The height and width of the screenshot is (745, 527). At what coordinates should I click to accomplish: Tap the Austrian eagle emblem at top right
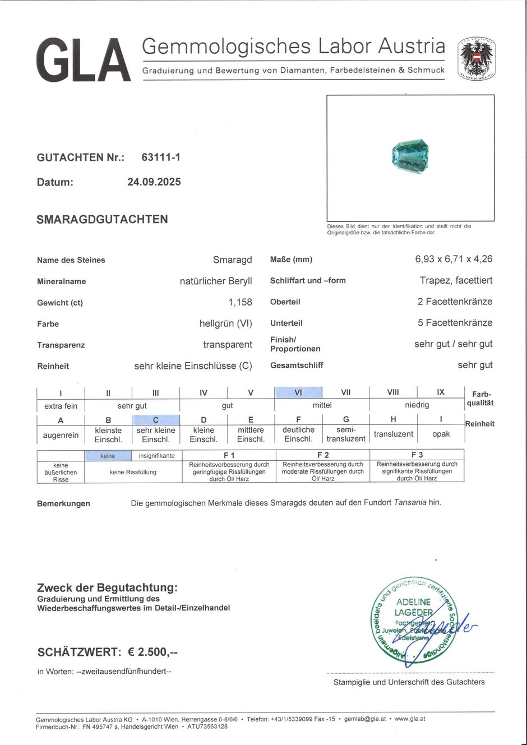pos(476,58)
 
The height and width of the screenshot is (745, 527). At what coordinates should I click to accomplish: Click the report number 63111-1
pos(161,158)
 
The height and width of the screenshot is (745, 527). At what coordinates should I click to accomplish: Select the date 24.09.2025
pos(154,182)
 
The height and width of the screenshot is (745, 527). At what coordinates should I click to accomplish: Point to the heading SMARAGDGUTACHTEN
pos(102,219)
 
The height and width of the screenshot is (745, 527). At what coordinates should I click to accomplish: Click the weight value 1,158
pos(240,302)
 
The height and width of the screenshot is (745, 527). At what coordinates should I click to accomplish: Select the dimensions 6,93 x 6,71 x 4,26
pos(454,259)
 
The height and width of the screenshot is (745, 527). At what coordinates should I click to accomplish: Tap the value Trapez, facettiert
pos(456,280)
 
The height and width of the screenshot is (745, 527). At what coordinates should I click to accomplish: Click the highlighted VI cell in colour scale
pos(298,392)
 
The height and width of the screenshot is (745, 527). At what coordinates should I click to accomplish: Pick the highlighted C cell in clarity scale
pos(156,420)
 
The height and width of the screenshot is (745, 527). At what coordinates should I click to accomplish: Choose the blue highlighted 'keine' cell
pos(108,456)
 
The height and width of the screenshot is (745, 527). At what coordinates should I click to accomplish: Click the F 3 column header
pos(417,455)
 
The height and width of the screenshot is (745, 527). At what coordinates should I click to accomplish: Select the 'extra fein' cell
pos(61,406)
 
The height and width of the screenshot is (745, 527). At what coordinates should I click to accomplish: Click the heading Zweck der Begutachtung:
pos(107,587)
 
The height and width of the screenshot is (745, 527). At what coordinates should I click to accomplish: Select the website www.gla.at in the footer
pos(410,719)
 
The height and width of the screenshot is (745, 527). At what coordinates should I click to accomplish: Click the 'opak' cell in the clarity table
pos(441,434)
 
